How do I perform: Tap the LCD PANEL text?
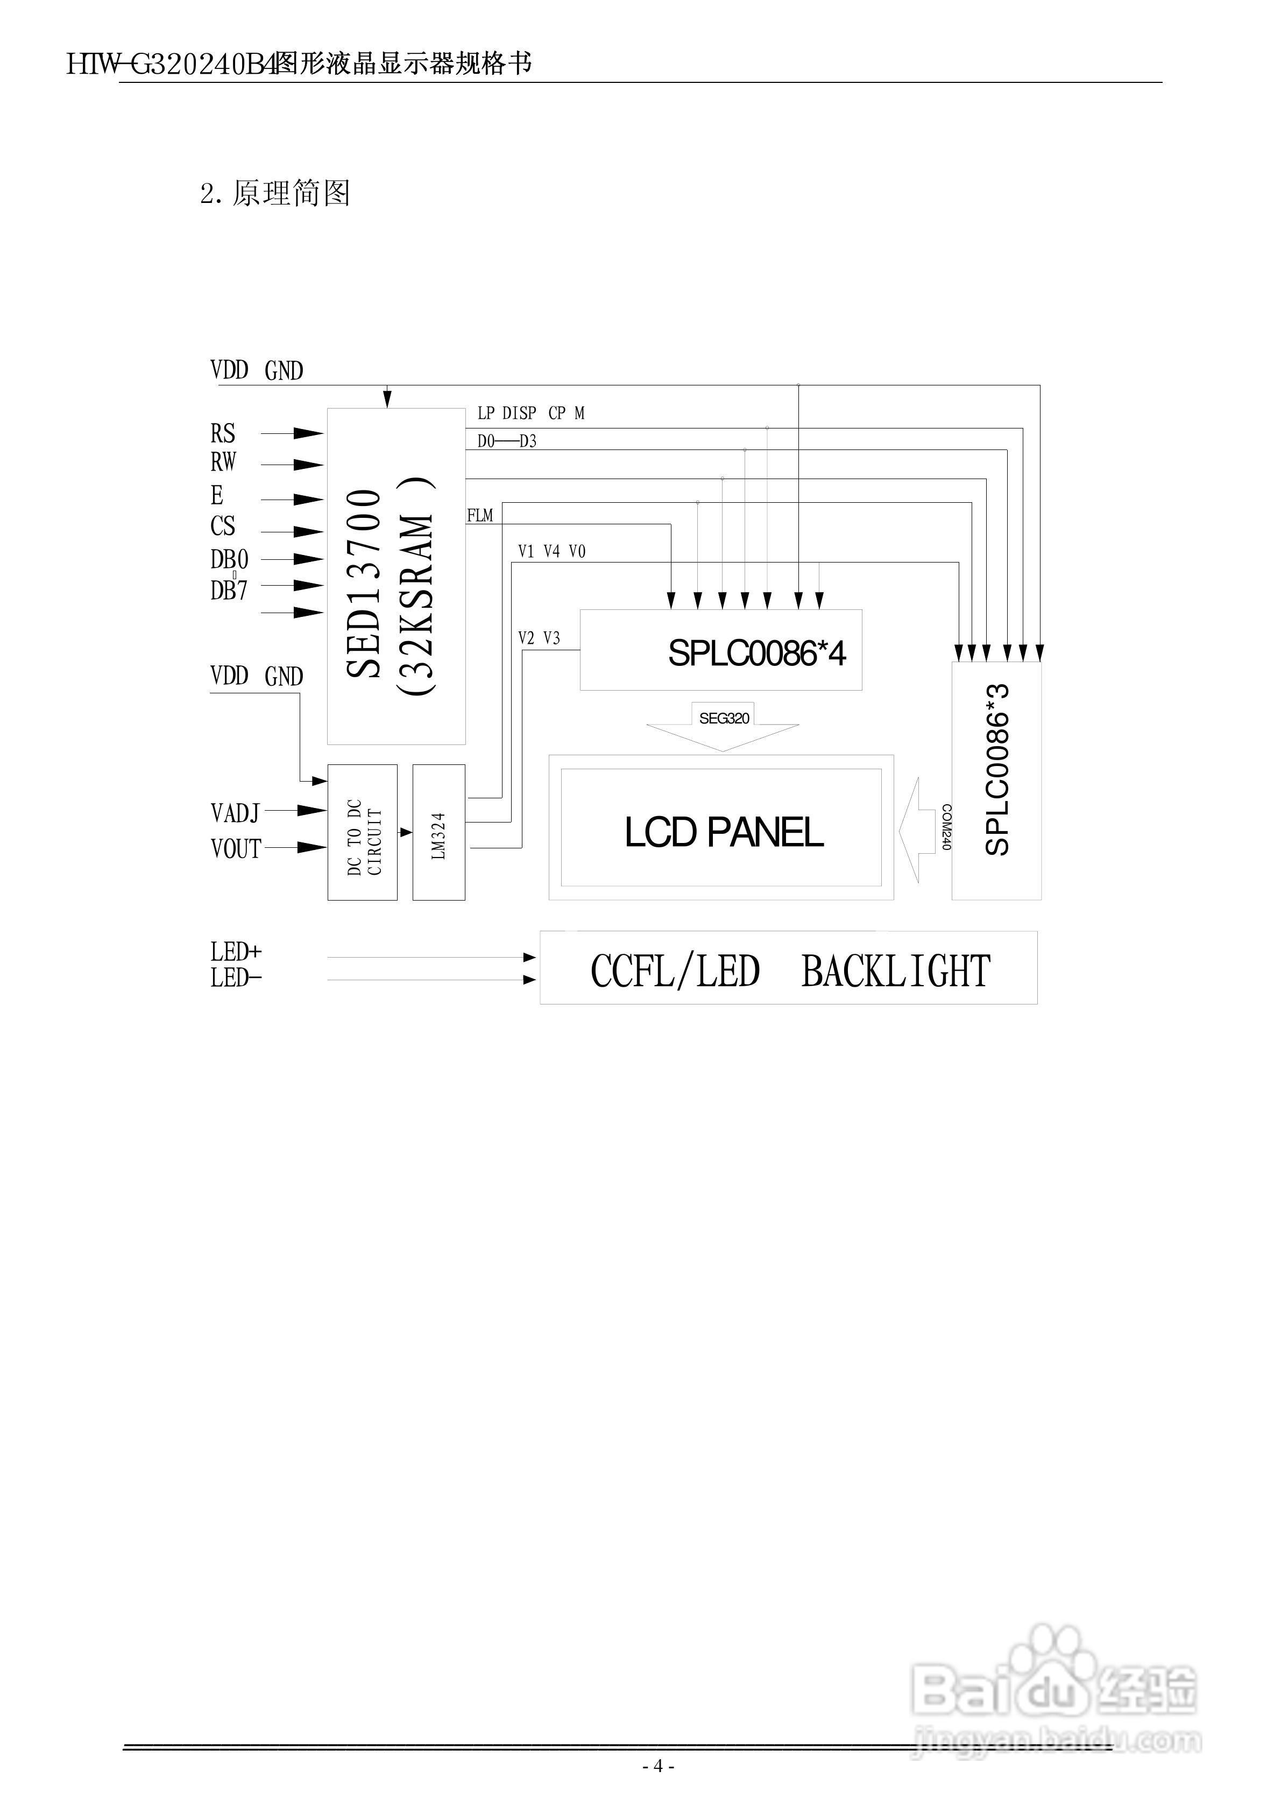[724, 832]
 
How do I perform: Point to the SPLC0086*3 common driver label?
[997, 770]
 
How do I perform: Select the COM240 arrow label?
[946, 827]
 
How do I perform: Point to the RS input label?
[223, 433]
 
